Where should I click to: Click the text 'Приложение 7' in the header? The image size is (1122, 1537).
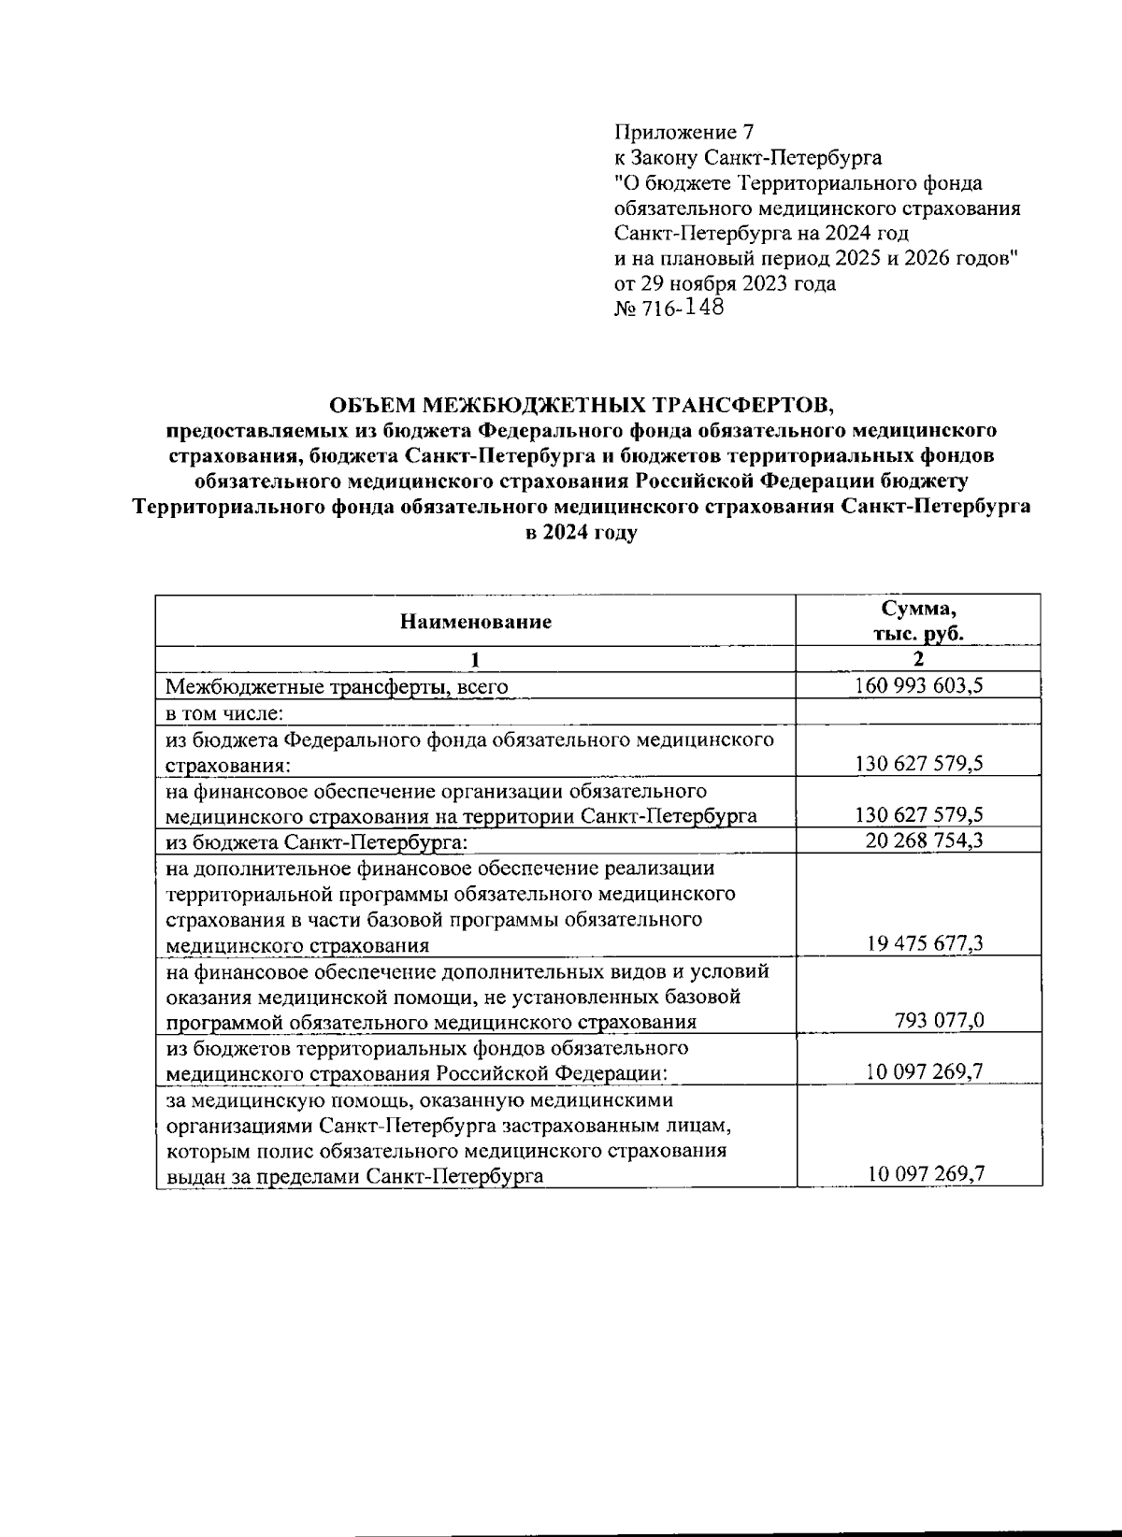[x=683, y=132]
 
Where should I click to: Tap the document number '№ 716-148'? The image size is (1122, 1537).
[x=669, y=309]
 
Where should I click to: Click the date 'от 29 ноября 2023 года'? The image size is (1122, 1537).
[x=725, y=283]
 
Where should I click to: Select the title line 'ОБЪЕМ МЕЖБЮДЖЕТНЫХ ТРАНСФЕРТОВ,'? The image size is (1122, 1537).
[x=580, y=405]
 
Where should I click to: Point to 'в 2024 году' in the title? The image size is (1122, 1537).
[x=581, y=534]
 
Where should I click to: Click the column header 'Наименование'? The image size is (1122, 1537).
[x=476, y=622]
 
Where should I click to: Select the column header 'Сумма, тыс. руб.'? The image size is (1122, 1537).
[x=919, y=622]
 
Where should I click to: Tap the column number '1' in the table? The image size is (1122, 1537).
[x=476, y=660]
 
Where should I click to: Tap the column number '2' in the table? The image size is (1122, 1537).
[x=919, y=660]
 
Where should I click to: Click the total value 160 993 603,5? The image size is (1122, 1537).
[x=919, y=686]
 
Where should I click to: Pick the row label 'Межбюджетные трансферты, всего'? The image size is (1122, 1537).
[x=337, y=687]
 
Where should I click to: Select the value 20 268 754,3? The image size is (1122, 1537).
[x=919, y=840]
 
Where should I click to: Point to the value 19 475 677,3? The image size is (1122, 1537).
[x=919, y=944]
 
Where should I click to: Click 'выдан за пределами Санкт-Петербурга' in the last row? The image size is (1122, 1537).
[x=354, y=1176]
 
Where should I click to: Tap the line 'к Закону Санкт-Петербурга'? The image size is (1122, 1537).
[x=748, y=157]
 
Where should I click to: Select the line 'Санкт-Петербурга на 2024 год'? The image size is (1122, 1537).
[x=761, y=233]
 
